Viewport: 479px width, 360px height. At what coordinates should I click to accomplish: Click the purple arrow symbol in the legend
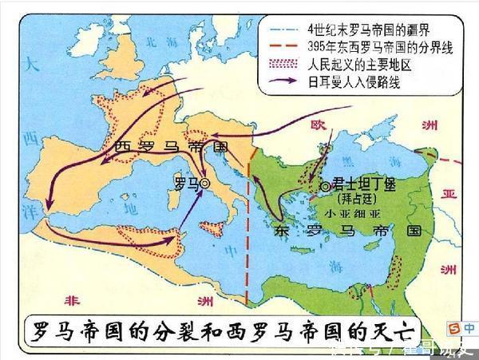283,81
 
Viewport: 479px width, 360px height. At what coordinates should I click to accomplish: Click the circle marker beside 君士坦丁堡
324,186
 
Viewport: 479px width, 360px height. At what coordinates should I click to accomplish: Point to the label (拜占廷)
362,197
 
